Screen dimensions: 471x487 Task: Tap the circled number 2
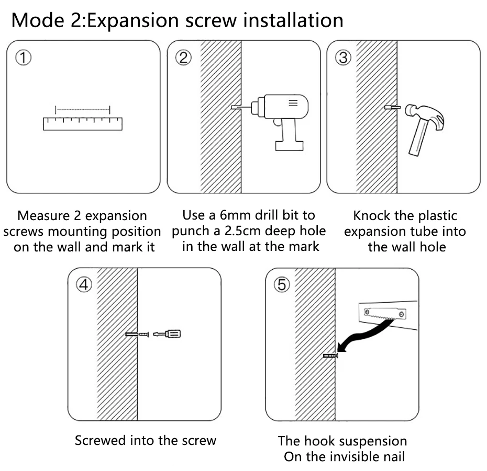point(183,58)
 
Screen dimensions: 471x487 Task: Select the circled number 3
point(343,58)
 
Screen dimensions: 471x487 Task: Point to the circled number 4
point(84,285)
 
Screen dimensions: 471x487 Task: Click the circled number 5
point(281,285)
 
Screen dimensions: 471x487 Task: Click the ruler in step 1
point(82,123)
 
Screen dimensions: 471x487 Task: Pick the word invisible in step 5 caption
point(345,456)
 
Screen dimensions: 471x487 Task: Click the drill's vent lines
point(293,103)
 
